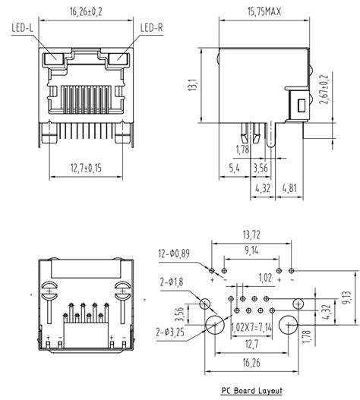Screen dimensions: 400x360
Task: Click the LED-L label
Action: pyautogui.click(x=22, y=28)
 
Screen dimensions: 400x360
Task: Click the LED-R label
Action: pyautogui.click(x=151, y=28)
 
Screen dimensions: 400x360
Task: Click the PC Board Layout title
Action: pyautogui.click(x=251, y=391)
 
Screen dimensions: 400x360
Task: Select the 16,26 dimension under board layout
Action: pyautogui.click(x=251, y=364)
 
